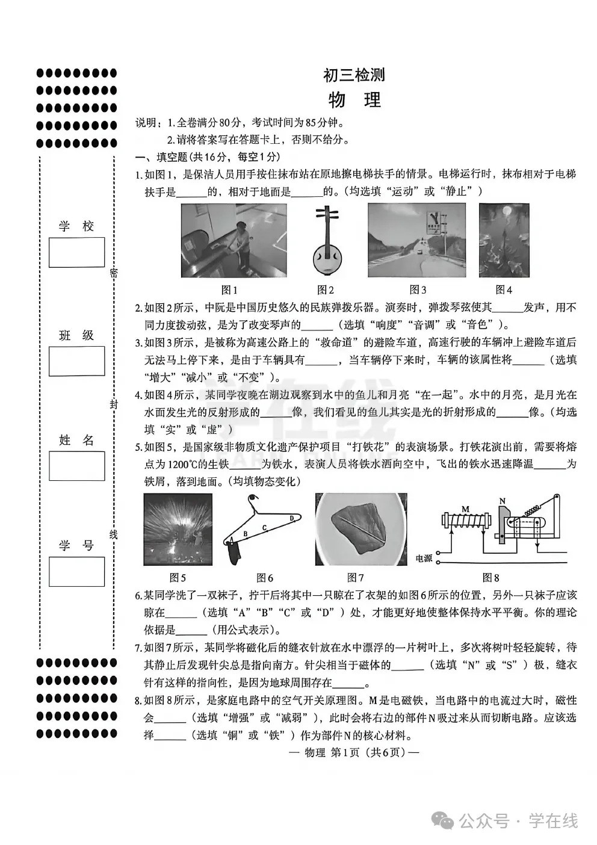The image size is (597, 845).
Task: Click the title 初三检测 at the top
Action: tap(354, 75)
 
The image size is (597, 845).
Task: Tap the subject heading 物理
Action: tap(354, 100)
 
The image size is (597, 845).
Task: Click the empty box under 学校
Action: tap(76, 252)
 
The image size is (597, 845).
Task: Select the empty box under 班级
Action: tap(76, 361)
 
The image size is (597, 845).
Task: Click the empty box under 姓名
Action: tap(76, 466)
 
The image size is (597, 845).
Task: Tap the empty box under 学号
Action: tap(76, 571)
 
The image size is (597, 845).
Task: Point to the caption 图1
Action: tap(229, 290)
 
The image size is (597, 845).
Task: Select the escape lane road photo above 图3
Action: tap(416, 240)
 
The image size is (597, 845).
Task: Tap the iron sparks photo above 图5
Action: tap(178, 529)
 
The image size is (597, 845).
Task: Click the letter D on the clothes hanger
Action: tap(292, 518)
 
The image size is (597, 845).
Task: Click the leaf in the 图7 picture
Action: tap(359, 529)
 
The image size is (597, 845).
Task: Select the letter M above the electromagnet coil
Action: tap(465, 509)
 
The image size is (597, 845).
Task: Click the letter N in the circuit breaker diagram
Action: tap(503, 501)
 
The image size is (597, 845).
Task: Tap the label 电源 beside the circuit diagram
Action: tap(424, 559)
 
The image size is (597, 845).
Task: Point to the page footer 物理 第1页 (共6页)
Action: tap(354, 753)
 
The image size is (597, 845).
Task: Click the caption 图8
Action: tap(490, 578)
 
